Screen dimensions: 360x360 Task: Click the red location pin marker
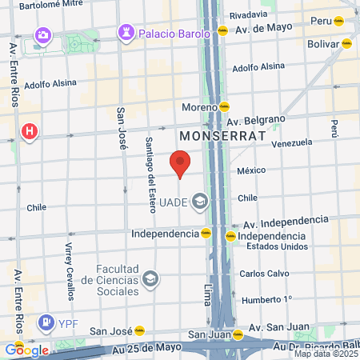181,162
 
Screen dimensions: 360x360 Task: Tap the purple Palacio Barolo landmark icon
126,33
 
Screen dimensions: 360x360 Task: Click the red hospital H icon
30,130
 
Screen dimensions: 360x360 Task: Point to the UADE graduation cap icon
199,201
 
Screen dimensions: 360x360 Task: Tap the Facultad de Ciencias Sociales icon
149,279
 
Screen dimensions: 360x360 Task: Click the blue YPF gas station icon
46,323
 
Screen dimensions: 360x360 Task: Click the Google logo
26,350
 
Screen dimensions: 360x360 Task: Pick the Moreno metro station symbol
226,106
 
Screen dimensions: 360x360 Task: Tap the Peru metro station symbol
340,21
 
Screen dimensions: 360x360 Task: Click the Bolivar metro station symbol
346,43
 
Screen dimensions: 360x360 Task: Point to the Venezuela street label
291,143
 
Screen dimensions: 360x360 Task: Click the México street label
250,170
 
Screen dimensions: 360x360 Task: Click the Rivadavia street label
248,14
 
